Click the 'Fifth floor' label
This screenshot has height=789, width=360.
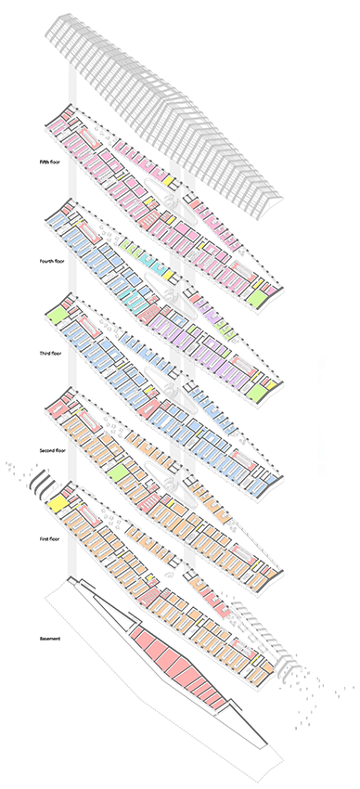tap(50, 162)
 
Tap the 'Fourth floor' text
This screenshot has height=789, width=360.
tap(52, 261)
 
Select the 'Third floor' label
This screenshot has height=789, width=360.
tap(50, 354)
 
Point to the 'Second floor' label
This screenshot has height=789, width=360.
tap(53, 450)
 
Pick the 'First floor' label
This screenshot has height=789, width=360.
tap(50, 539)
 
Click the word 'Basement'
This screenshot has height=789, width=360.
tap(50, 639)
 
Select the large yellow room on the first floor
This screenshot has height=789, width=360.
tap(58, 504)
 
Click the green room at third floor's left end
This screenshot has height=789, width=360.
tap(58, 316)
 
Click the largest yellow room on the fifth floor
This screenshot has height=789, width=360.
tap(169, 181)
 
